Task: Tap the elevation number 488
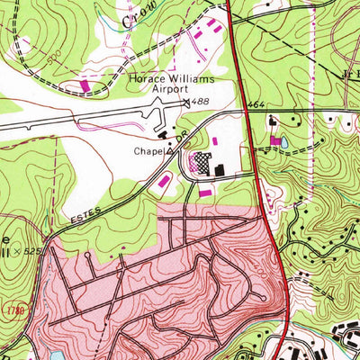(201, 103)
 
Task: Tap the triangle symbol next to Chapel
(168, 151)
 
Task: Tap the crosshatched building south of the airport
(202, 165)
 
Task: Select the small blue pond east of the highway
(284, 142)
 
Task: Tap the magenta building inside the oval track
(85, 85)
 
